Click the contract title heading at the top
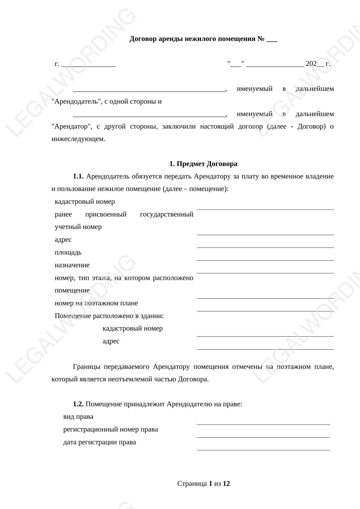203,39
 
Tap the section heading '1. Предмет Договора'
203,164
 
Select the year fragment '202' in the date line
311,64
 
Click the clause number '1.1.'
78,176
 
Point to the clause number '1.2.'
78,404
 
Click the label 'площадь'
68,252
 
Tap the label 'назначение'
72,265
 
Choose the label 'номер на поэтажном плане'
96,303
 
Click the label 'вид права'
78,417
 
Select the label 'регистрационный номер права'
111,429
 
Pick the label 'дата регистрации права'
100,442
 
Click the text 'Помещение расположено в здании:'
109,316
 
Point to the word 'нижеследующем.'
78,139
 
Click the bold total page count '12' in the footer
226,484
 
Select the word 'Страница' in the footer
192,484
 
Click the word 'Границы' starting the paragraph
86,367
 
